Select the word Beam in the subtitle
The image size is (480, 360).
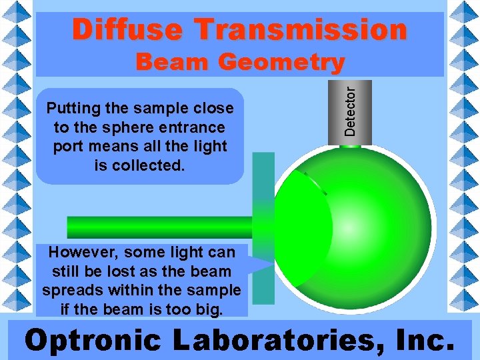tap(173, 63)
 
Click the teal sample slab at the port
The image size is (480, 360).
tap(263, 200)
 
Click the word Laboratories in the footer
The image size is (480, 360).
tap(277, 340)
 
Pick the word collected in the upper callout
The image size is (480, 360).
tap(149, 165)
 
